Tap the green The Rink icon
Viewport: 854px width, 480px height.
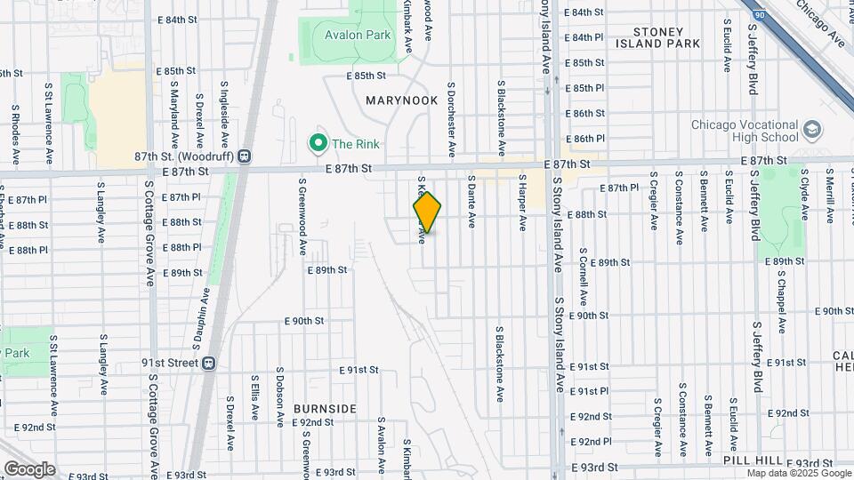coord(317,142)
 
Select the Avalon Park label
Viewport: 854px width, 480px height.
coord(358,36)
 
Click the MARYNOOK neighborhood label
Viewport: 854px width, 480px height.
coord(402,100)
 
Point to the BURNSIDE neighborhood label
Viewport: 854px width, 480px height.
coord(326,409)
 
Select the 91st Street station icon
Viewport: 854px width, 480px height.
coord(208,363)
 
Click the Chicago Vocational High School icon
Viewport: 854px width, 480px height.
coord(811,131)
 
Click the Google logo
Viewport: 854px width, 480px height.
coord(28,468)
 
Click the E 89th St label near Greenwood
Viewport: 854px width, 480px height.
coord(326,269)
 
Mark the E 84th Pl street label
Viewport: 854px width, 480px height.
coord(588,37)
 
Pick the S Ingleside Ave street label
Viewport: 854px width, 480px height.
coord(224,115)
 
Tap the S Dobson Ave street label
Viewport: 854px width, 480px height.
coord(279,395)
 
